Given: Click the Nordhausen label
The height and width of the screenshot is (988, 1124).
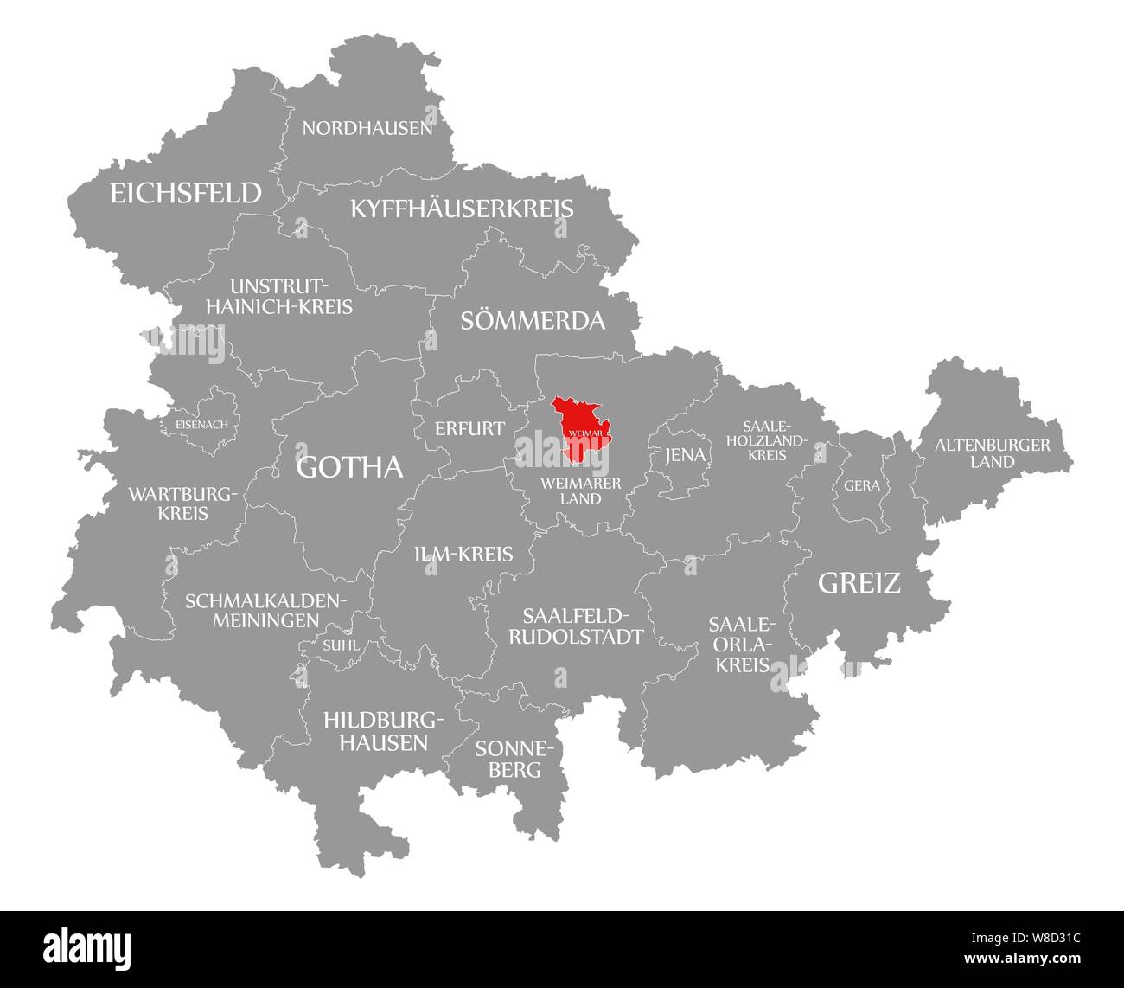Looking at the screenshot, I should [x=367, y=129].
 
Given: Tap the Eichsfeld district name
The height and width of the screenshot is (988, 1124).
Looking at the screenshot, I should [x=185, y=192].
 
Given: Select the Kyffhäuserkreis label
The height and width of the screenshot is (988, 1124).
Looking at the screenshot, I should [x=462, y=209].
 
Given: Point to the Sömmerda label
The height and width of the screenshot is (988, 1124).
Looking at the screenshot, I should [x=532, y=321].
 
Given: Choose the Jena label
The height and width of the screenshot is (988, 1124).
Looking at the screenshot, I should [x=684, y=456].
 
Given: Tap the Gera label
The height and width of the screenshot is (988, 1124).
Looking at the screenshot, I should [x=862, y=485].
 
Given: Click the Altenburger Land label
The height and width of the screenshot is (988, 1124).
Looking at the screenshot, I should [x=992, y=453].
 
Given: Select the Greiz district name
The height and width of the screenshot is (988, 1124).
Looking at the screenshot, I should [x=859, y=583].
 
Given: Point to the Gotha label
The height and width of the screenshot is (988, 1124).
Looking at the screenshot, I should [x=349, y=467].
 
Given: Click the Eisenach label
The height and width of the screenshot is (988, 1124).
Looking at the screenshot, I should [x=201, y=425].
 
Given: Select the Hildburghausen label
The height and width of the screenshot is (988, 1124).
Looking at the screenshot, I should [x=375, y=730].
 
